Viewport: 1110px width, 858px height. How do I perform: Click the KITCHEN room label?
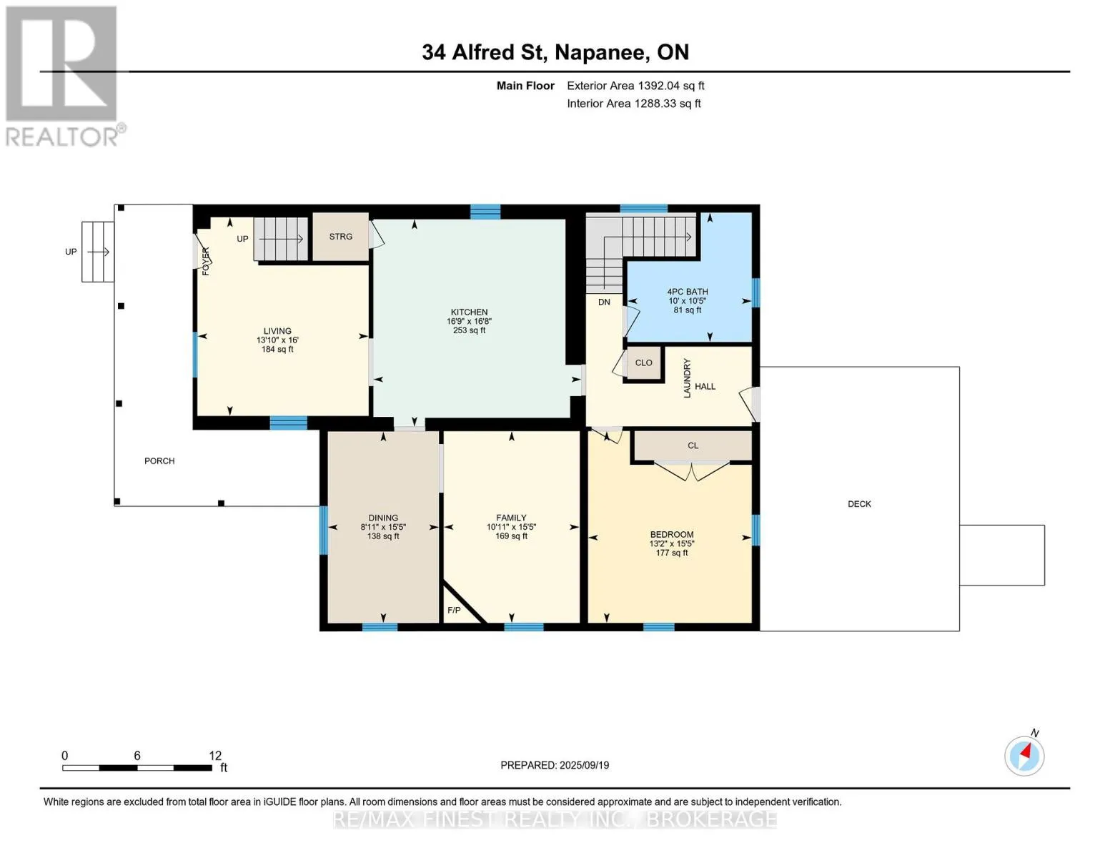[469, 312]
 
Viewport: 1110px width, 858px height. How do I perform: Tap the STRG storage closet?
[341, 237]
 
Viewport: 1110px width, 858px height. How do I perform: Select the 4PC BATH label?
[688, 292]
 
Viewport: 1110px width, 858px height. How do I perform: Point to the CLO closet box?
[643, 363]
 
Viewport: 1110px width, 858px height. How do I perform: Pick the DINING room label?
[383, 518]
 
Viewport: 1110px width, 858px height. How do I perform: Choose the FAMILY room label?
[511, 518]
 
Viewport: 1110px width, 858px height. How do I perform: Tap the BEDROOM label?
[672, 535]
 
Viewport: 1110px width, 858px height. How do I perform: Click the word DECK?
[859, 504]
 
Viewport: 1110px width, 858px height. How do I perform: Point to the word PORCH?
[159, 461]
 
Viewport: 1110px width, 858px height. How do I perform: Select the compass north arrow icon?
[1024, 756]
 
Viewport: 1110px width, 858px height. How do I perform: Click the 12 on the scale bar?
[215, 755]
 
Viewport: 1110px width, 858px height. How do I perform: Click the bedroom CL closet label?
[693, 445]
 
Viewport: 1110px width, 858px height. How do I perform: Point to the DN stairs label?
[604, 302]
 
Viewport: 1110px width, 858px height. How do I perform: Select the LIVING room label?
[277, 331]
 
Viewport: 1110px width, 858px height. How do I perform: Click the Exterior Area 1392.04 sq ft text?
[635, 86]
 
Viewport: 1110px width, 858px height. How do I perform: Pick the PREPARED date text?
[555, 765]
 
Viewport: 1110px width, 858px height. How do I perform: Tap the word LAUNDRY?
[687, 378]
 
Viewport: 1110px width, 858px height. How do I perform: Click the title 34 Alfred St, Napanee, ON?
[555, 52]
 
